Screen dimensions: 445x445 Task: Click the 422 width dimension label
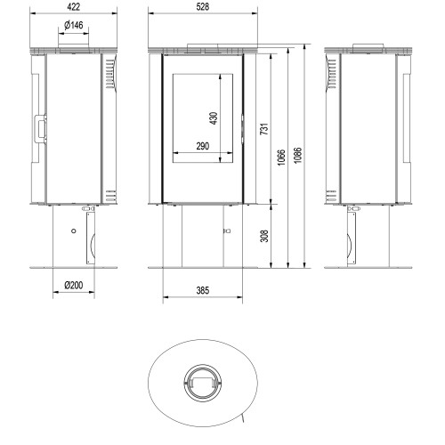(x=73, y=7)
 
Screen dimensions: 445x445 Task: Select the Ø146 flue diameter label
(x=74, y=25)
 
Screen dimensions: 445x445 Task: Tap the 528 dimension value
(x=203, y=7)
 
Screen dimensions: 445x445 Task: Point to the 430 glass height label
(x=214, y=118)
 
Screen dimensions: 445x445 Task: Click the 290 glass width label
(x=203, y=146)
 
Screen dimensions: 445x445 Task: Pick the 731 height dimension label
(x=264, y=129)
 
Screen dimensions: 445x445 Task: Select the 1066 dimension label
(x=281, y=158)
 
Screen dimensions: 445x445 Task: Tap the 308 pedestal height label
(x=264, y=236)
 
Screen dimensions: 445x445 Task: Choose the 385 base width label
(x=203, y=290)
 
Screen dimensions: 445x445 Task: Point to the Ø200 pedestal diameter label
(x=74, y=286)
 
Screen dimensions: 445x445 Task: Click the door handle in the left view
(x=40, y=129)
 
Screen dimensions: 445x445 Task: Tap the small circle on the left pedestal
(x=74, y=231)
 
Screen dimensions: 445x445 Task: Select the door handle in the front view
(x=243, y=129)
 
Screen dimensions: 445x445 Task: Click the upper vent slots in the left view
(x=109, y=74)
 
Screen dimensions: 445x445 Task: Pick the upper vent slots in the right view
(x=332, y=74)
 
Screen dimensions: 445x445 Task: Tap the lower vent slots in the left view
(x=110, y=196)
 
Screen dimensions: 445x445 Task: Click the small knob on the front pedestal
(x=227, y=231)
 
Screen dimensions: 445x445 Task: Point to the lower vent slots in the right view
(x=331, y=196)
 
